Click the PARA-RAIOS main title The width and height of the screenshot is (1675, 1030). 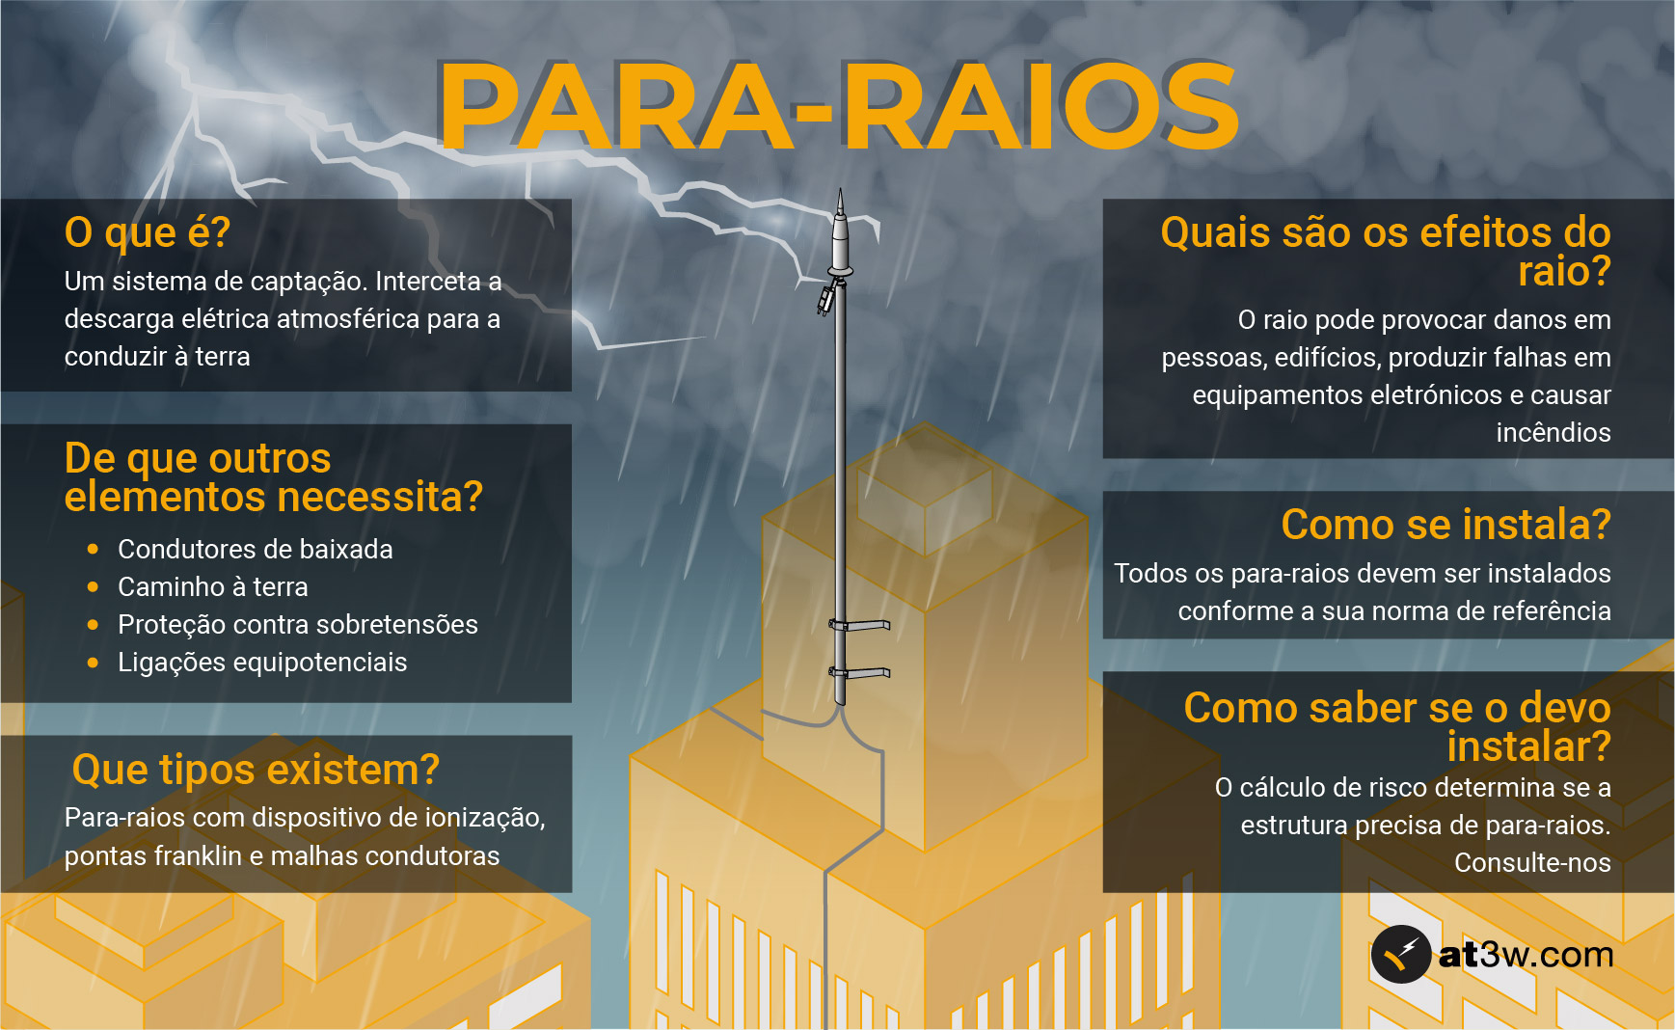(x=837, y=106)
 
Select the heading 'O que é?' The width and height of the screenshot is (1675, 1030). (x=148, y=232)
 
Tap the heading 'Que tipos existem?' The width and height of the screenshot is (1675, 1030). (x=256, y=770)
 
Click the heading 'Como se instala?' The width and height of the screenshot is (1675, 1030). (x=1445, y=525)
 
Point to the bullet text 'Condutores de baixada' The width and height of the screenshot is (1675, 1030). (x=256, y=550)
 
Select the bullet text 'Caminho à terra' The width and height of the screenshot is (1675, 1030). (x=213, y=587)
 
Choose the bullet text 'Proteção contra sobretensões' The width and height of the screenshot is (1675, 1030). (x=298, y=625)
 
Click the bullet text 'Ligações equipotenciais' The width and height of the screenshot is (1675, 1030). (x=262, y=663)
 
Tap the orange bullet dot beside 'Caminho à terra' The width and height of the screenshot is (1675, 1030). (x=93, y=586)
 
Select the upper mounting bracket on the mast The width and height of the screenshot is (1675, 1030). (x=861, y=625)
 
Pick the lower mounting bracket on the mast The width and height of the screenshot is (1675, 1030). (x=861, y=672)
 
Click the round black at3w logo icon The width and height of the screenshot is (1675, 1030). (x=1400, y=955)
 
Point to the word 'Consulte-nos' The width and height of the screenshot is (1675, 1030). (x=1532, y=863)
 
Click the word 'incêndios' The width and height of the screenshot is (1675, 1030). (x=1553, y=433)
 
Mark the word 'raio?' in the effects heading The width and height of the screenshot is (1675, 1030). (x=1564, y=272)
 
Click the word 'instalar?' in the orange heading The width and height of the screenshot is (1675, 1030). (x=1528, y=747)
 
